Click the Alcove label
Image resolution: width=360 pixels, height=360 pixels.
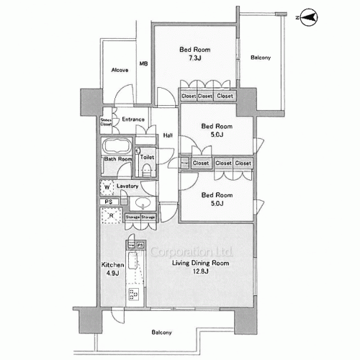point(120,70)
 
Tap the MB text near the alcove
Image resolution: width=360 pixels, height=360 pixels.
point(143,64)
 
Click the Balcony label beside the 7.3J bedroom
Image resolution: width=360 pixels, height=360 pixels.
point(261,58)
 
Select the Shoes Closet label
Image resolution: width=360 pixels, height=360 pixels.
point(106,122)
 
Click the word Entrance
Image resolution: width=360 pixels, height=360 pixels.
point(133,120)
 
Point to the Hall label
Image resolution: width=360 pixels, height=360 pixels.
point(167,135)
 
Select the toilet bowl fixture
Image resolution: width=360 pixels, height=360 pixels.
point(146,170)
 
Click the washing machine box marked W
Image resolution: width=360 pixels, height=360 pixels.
point(107,188)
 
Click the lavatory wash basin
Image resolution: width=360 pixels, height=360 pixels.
point(143,202)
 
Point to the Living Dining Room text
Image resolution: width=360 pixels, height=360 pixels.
point(199,264)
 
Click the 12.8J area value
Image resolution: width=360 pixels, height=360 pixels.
point(199,273)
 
